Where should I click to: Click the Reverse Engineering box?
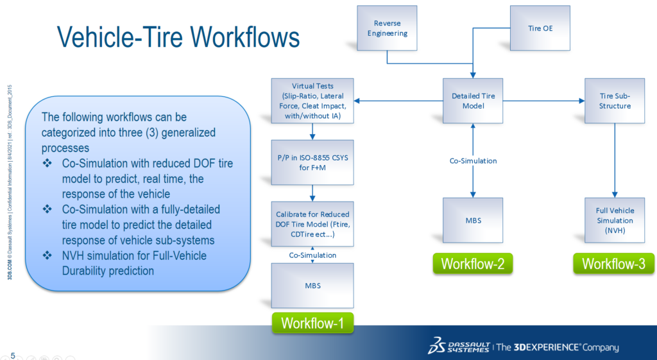pos(387,28)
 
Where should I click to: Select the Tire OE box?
pos(540,28)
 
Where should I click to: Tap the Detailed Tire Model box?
pos(474,101)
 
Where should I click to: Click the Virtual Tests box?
pos(312,101)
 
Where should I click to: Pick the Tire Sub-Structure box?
pos(615,101)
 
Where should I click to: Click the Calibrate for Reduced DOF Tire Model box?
pos(312,224)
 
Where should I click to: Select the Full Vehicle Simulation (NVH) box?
pos(615,220)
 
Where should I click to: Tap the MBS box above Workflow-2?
pos(474,220)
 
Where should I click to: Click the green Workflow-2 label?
pos(474,264)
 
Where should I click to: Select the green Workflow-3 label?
pos(614,264)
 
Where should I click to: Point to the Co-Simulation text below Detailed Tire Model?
pos(474,160)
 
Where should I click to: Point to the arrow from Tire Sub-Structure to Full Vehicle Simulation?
pos(615,160)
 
